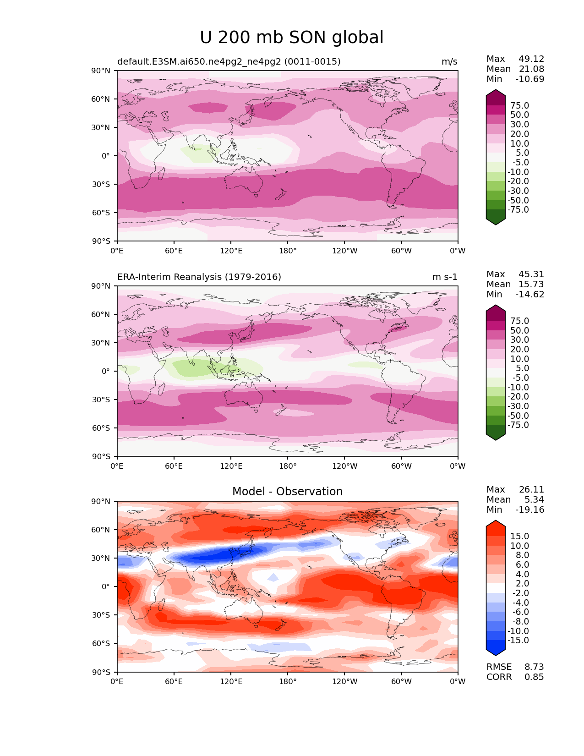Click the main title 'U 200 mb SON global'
click(292, 38)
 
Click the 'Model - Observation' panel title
click(287, 492)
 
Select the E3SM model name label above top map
click(229, 62)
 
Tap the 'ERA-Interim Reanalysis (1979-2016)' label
click(199, 277)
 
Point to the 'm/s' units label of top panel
click(449, 62)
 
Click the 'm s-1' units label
click(445, 277)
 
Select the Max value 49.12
click(531, 59)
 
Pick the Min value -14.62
click(530, 295)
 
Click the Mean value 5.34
click(534, 500)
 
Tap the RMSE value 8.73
click(534, 667)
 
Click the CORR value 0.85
click(534, 677)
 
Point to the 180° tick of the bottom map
click(288, 682)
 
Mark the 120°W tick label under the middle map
click(344, 466)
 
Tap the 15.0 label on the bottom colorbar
click(519, 537)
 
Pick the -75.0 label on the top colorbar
click(518, 210)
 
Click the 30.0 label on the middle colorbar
click(519, 340)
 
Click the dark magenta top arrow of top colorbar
click(496, 94)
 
